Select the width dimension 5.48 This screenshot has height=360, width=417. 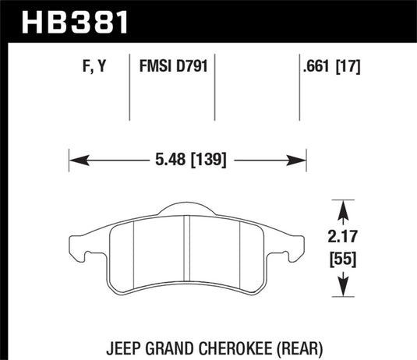(x=164, y=161)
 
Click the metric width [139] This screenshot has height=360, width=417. (x=206, y=161)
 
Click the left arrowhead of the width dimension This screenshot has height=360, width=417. (x=75, y=161)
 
